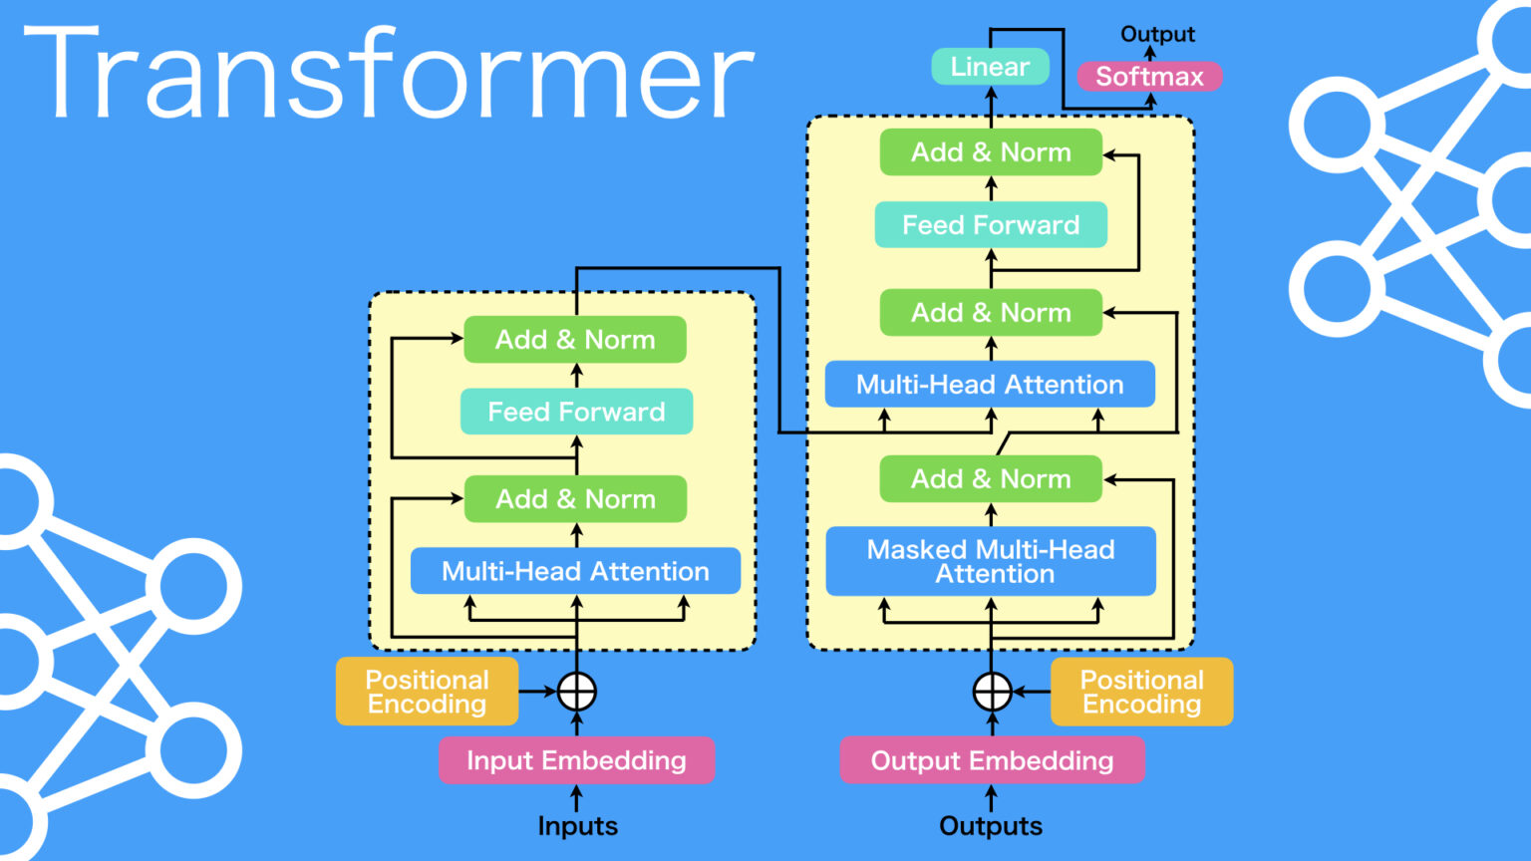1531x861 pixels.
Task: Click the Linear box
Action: (x=990, y=67)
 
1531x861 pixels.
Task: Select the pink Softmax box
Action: (x=1150, y=77)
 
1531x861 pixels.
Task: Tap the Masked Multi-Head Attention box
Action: (x=991, y=562)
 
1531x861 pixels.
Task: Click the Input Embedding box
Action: (x=576, y=760)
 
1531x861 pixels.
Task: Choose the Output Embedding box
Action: (x=992, y=760)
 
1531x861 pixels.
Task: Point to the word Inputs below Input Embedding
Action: (x=577, y=826)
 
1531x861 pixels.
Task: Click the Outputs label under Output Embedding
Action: (x=991, y=826)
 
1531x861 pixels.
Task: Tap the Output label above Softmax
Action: (x=1157, y=34)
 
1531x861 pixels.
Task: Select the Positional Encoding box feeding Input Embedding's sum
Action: (x=427, y=692)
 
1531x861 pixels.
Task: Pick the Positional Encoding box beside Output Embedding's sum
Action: (x=1141, y=692)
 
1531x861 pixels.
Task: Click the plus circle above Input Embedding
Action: (x=577, y=691)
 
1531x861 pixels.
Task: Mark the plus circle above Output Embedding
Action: (x=992, y=691)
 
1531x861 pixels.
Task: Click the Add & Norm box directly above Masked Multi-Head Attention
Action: (x=991, y=479)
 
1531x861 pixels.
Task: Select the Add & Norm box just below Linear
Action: (x=991, y=152)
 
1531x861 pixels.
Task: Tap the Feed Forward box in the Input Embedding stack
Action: (x=576, y=412)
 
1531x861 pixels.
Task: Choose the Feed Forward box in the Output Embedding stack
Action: (x=991, y=225)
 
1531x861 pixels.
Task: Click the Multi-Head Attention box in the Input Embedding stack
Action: (x=575, y=571)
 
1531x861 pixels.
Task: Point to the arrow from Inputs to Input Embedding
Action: (x=576, y=798)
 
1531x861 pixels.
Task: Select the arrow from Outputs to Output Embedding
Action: (x=991, y=798)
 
